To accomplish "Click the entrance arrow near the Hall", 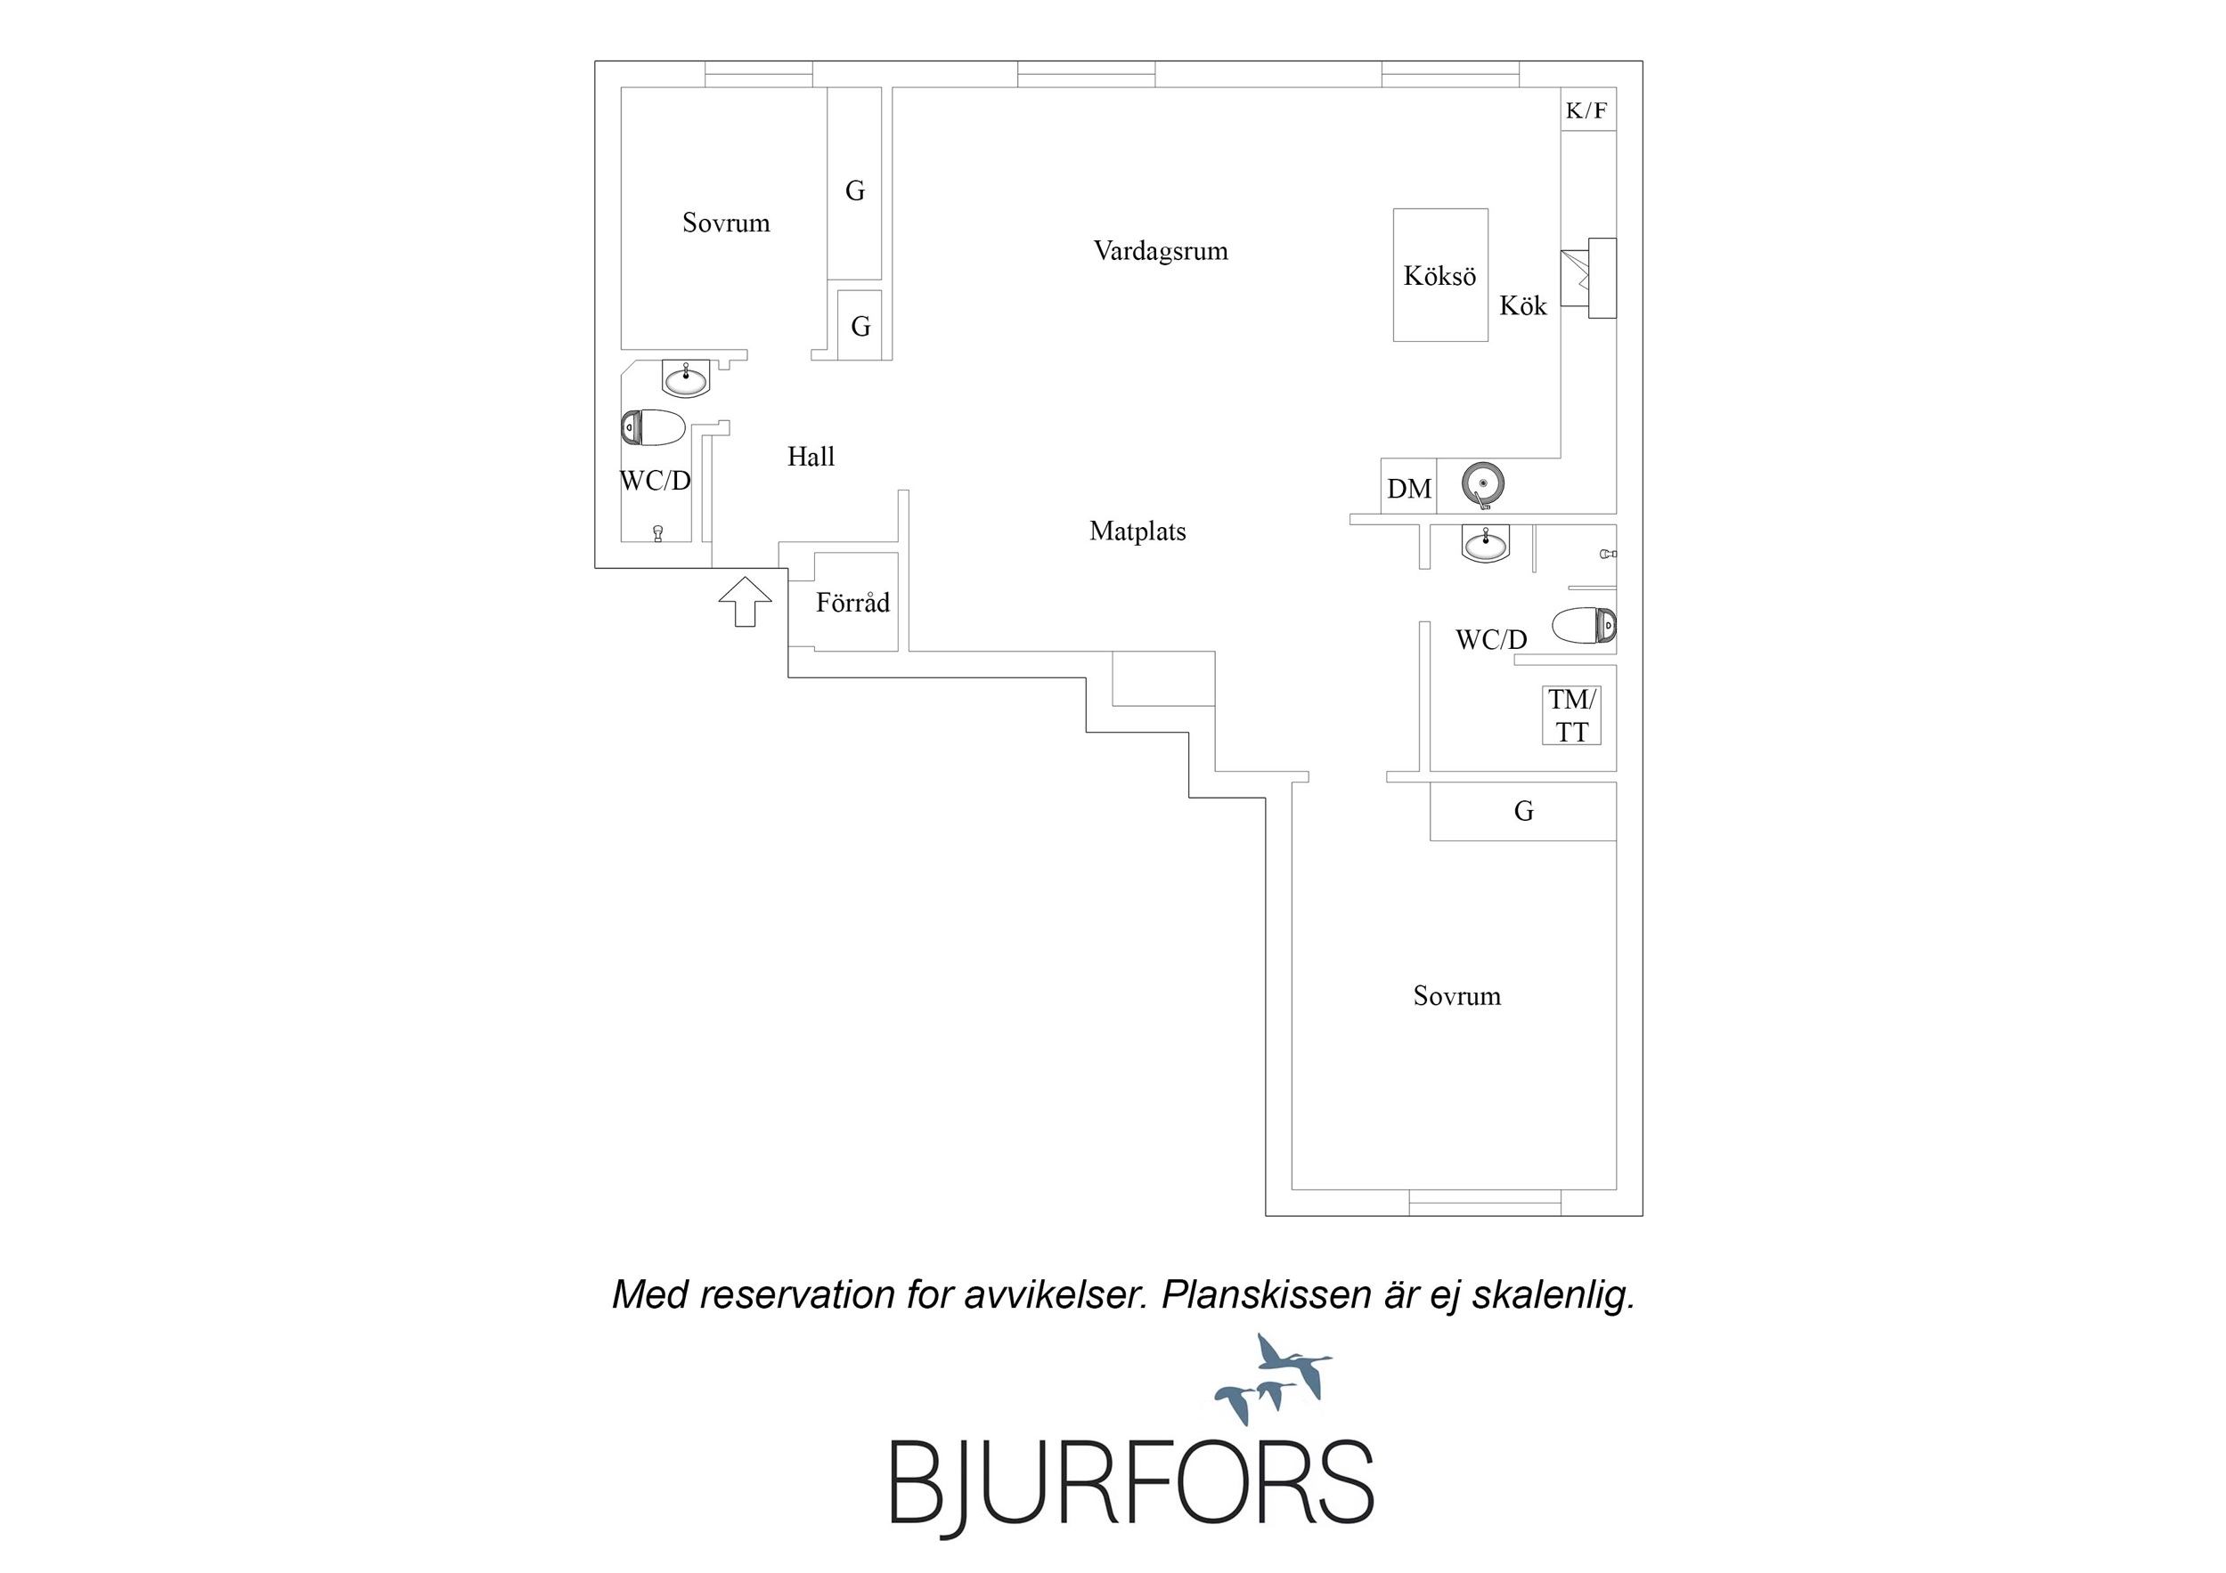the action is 745,601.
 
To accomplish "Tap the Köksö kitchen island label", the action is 1439,276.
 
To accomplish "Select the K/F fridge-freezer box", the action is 1587,109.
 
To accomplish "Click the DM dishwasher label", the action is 1408,489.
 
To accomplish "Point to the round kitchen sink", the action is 1483,483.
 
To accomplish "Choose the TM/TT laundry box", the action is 1571,715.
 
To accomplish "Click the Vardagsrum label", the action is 1161,251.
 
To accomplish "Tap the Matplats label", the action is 1137,531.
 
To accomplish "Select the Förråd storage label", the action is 852,602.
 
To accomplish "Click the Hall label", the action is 811,457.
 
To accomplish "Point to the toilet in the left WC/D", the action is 654,427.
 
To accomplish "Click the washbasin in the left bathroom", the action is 687,378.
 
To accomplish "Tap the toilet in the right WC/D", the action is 1584,625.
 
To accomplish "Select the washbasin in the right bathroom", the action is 1485,544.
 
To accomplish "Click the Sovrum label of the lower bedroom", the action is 1456,996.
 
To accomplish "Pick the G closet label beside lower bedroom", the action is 1523,811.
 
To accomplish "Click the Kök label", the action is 1523,306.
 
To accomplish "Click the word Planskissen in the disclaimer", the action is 1265,1295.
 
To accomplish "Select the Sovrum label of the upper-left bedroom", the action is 726,223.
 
